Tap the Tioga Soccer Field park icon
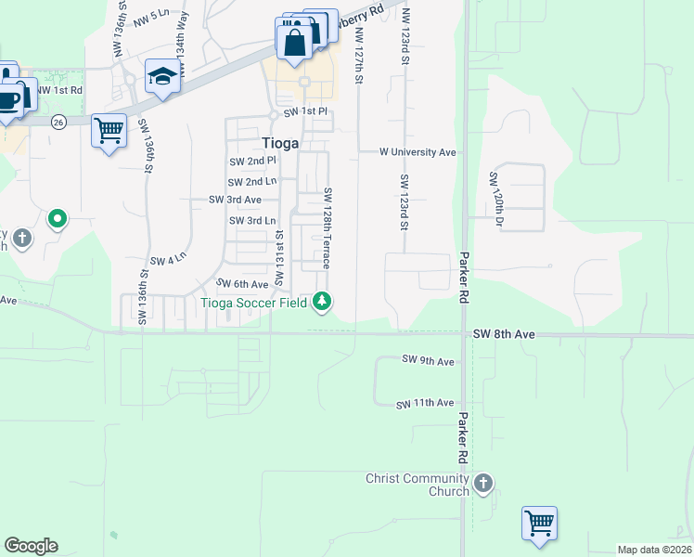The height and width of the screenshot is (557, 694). tap(322, 301)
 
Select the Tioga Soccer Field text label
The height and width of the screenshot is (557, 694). tap(253, 301)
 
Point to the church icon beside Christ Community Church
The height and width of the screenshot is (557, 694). tap(483, 484)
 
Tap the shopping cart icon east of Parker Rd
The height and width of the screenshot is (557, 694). tap(538, 522)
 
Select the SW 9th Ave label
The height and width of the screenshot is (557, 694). tap(428, 360)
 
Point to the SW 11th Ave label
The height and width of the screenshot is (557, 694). tap(425, 404)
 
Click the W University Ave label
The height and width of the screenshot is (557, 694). tap(418, 152)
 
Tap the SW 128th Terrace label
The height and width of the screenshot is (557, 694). tap(328, 227)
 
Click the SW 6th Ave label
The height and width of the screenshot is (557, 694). tap(242, 284)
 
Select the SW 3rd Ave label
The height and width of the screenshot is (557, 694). tap(235, 200)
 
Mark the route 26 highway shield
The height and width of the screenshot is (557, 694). tap(58, 121)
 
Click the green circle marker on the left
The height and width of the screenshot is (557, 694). tap(58, 220)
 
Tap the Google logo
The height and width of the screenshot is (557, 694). tap(31, 546)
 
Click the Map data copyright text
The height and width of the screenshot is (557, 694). tap(653, 550)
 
